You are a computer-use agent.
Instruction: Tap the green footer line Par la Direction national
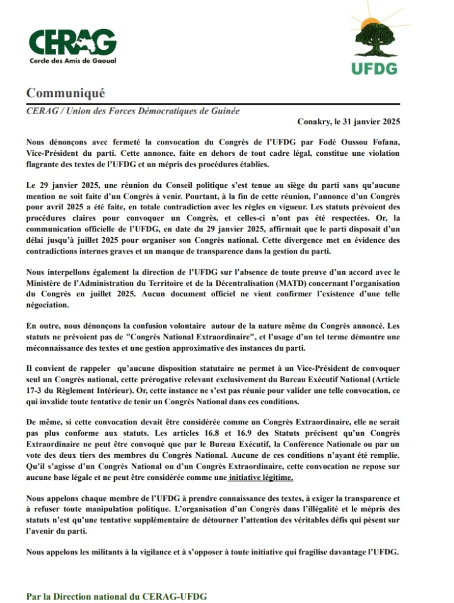click(x=117, y=595)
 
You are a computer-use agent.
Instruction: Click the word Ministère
click(x=45, y=283)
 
